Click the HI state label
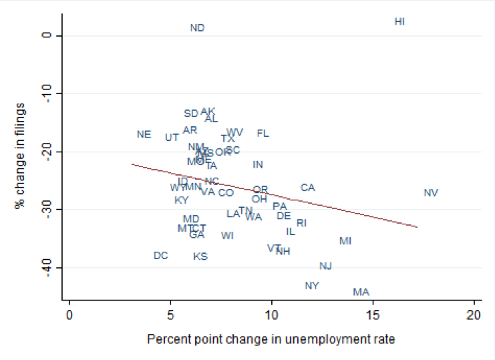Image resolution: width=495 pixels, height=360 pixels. (x=399, y=21)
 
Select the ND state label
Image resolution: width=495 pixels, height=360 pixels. (x=197, y=28)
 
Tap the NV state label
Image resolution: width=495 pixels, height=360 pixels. (x=431, y=193)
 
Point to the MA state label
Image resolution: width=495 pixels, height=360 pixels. (x=361, y=292)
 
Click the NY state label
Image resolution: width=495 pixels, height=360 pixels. (x=312, y=286)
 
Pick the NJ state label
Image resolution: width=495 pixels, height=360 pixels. (x=325, y=266)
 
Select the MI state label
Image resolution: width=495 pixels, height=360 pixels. (x=345, y=240)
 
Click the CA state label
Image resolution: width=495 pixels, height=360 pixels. (x=307, y=188)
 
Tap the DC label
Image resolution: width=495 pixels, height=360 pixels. (x=160, y=255)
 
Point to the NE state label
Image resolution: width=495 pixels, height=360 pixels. (x=144, y=134)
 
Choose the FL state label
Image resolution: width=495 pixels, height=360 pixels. (x=263, y=134)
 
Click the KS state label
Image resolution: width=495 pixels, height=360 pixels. (x=200, y=256)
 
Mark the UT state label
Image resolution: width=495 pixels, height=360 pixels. (x=172, y=138)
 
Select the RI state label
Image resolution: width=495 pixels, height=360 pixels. (x=301, y=223)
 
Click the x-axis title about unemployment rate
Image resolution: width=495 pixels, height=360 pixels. (x=271, y=339)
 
